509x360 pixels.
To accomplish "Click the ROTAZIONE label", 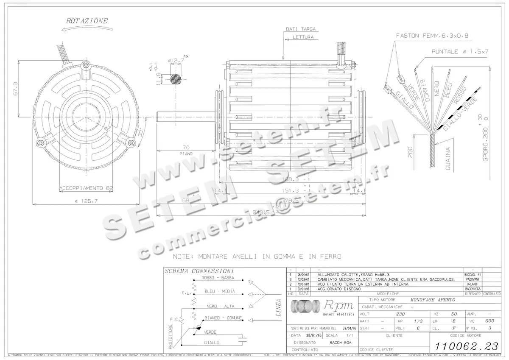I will coord(87,20).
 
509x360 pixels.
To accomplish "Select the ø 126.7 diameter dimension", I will coord(86,201).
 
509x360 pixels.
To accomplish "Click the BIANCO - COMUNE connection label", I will coord(223,318).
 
